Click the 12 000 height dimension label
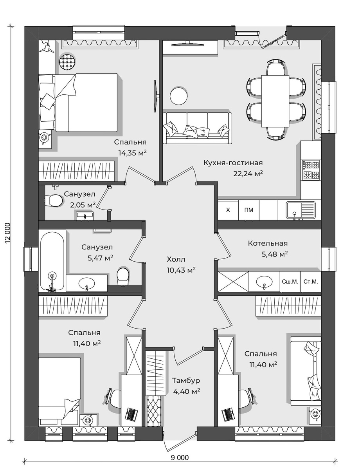click(8, 236)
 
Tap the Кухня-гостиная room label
click(233, 163)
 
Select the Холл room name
click(176, 259)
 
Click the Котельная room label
click(268, 243)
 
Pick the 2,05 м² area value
click(83, 205)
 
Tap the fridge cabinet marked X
click(228, 210)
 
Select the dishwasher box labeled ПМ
click(249, 210)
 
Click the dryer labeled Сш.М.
click(290, 282)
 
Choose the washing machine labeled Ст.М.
click(311, 282)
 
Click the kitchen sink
click(301, 210)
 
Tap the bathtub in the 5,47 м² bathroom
click(52, 262)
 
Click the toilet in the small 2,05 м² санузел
click(54, 201)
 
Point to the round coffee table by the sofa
click(178, 96)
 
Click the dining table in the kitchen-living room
click(275, 101)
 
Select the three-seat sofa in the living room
click(197, 128)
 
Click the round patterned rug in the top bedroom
click(67, 61)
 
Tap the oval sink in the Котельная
click(264, 282)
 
